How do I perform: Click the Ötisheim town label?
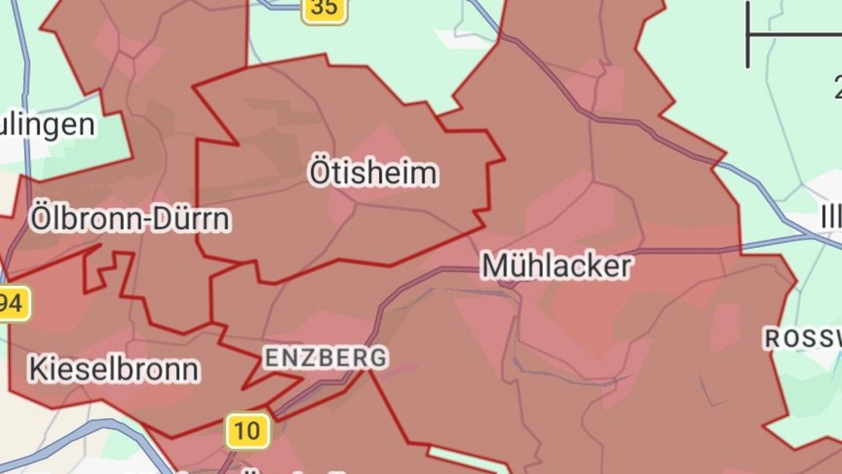click(x=373, y=172)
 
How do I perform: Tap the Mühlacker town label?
click(x=556, y=265)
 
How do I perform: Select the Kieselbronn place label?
click(x=114, y=369)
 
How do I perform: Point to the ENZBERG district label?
click(x=326, y=358)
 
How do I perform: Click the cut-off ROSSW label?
click(x=803, y=339)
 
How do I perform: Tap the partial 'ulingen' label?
click(x=47, y=125)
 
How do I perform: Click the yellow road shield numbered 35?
click(x=324, y=8)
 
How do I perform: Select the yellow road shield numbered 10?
click(x=247, y=431)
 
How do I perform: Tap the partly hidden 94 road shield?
click(x=13, y=303)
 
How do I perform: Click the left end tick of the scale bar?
click(x=748, y=35)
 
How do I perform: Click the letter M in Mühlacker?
click(x=495, y=266)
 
